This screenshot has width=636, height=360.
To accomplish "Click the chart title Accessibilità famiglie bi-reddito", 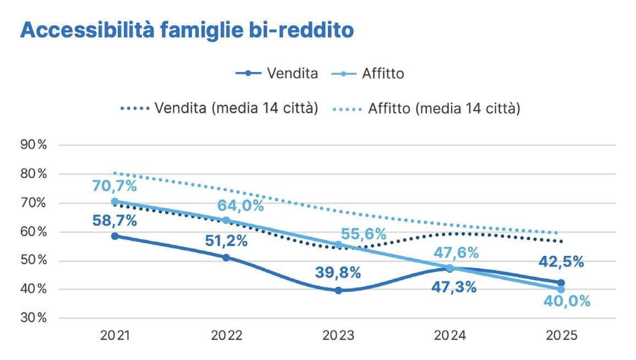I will [187, 30].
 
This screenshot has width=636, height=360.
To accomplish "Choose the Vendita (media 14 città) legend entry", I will [220, 108].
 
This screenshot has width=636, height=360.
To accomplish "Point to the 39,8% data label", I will [338, 272].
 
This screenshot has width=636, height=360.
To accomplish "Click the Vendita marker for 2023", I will [338, 290].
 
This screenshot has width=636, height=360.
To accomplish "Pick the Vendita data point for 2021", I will [115, 236].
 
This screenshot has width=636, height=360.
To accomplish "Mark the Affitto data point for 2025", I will [561, 289].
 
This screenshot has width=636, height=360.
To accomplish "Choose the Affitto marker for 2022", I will [227, 221].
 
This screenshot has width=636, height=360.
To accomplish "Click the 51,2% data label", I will [226, 241].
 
